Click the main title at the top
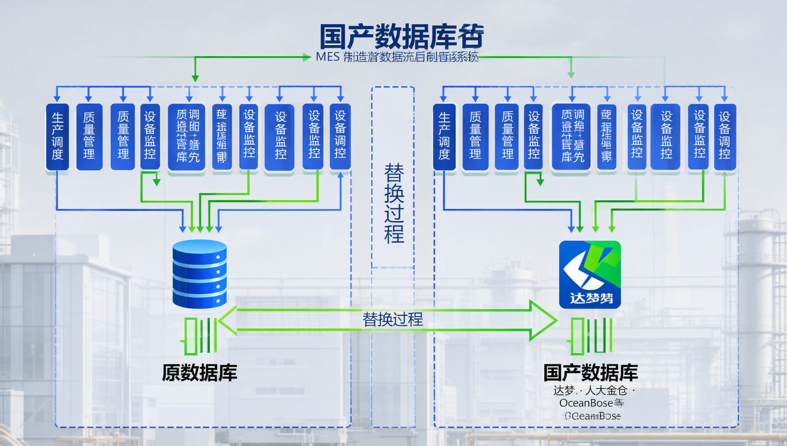click(401, 37)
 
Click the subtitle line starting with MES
click(397, 57)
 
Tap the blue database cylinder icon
click(200, 274)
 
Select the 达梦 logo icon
click(590, 274)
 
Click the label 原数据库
click(200, 373)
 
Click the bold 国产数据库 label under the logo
click(590, 373)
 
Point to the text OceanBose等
click(591, 403)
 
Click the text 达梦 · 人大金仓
click(591, 390)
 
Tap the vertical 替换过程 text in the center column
click(393, 203)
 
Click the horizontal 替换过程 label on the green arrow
click(393, 320)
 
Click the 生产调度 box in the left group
click(57, 137)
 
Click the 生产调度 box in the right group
click(444, 137)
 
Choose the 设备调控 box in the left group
click(340, 137)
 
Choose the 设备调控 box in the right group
click(724, 137)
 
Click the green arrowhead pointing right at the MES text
click(306, 57)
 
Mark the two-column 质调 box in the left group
click(187, 137)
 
